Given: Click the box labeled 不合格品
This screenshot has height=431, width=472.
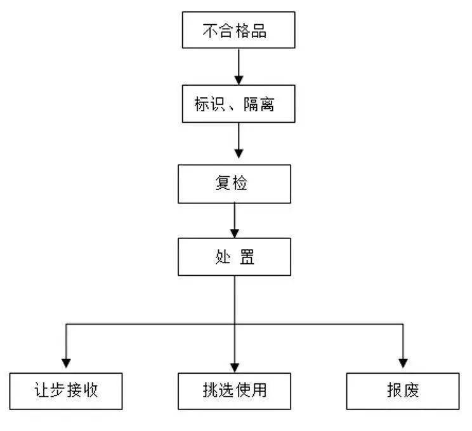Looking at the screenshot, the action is (239, 30).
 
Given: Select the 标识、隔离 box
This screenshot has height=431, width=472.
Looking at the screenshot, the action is (239, 104).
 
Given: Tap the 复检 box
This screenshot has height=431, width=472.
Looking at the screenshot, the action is (234, 184).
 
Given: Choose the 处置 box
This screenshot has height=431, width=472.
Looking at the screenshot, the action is (234, 257).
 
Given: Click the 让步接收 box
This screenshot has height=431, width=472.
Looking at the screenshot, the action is (66, 391).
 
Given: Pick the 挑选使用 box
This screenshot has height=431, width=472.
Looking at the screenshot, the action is (234, 391).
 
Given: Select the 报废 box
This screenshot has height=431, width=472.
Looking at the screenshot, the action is (403, 391).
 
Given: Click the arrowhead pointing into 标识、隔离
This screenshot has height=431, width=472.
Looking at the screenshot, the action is (239, 80).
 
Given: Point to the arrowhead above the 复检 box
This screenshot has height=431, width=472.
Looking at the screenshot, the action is (239, 153).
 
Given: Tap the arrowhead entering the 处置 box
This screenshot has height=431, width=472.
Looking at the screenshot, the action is (235, 233).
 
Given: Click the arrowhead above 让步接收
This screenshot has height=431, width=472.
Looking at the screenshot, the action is (66, 363).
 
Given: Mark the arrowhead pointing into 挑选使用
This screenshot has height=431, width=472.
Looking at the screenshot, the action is (235, 368).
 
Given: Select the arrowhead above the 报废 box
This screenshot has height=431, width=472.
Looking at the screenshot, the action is (403, 363).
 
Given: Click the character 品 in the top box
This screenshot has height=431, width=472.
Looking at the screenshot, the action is (259, 31).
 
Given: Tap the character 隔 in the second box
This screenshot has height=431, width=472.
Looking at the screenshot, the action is (251, 104).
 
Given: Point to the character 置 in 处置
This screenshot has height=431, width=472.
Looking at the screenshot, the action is (247, 257).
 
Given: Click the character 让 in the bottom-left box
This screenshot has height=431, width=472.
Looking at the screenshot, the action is (41, 390).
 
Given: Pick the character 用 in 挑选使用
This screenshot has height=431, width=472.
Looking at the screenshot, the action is (259, 390).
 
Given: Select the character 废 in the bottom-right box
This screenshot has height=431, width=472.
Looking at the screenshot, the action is (411, 390).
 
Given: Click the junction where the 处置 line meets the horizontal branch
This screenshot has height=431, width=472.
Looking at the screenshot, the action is (235, 324).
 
